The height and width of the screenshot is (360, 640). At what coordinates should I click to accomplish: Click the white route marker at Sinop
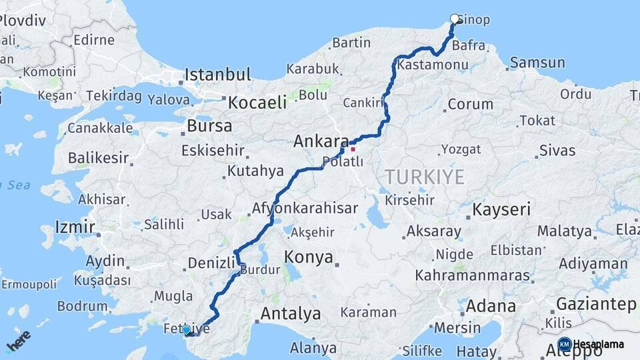[455, 19]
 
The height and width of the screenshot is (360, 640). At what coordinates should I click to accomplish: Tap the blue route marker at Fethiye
[186, 329]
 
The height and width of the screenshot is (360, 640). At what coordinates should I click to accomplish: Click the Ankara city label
[321, 141]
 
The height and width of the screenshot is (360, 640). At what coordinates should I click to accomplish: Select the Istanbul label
[218, 74]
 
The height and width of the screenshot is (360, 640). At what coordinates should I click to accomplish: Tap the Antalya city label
[290, 313]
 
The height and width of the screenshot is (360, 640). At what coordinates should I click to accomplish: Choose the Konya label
[308, 257]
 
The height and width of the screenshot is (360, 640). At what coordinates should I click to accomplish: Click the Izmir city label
[75, 227]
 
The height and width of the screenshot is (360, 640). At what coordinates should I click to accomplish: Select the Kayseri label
[501, 210]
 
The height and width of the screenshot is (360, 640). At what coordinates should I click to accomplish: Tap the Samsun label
[537, 63]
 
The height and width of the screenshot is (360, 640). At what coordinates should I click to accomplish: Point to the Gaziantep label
[596, 304]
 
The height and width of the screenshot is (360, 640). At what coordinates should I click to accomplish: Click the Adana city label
[491, 306]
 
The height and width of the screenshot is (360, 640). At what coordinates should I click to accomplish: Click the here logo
[19, 341]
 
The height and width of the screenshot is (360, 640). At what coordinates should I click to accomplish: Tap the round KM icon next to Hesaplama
[564, 344]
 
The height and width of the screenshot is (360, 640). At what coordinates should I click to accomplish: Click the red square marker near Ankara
[353, 149]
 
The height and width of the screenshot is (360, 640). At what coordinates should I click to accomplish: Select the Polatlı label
[342, 161]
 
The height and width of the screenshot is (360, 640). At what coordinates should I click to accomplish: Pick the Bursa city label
[209, 125]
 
